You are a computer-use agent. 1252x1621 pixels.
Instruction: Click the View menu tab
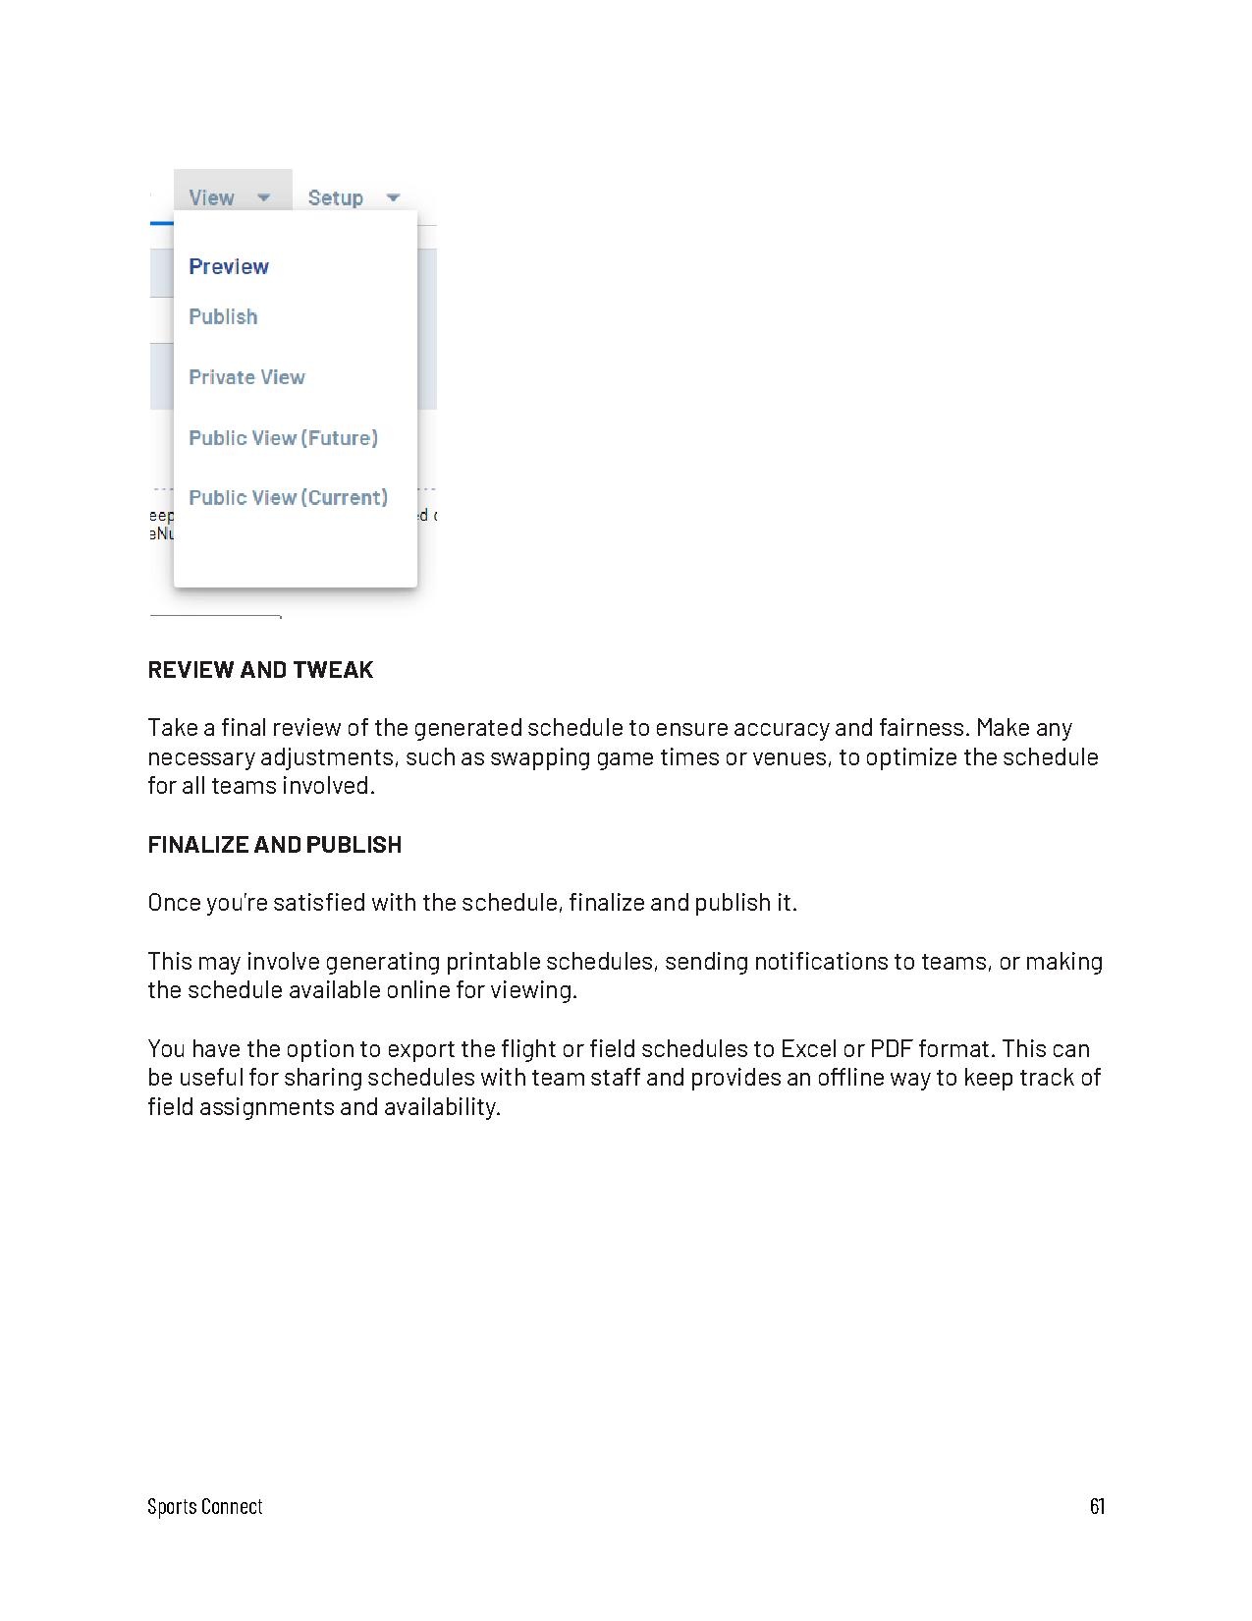pyautogui.click(x=212, y=197)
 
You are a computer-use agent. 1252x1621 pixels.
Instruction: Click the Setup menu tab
pyautogui.click(x=336, y=197)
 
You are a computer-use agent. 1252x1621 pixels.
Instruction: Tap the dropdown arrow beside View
pyautogui.click(x=263, y=197)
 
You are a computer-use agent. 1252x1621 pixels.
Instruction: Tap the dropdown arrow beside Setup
pyautogui.click(x=393, y=197)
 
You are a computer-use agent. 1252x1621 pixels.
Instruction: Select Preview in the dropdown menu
pyautogui.click(x=229, y=266)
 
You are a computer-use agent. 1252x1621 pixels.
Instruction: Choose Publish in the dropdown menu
pyautogui.click(x=223, y=316)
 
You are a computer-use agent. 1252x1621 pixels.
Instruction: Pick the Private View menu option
pyautogui.click(x=246, y=377)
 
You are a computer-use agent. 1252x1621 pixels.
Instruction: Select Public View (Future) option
pyautogui.click(x=283, y=438)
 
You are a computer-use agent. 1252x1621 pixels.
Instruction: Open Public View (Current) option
pyautogui.click(x=288, y=498)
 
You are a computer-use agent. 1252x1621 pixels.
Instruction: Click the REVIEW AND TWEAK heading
pyautogui.click(x=260, y=670)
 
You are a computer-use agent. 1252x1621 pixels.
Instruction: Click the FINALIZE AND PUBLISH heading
pyautogui.click(x=275, y=845)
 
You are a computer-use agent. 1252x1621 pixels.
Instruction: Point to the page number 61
pyautogui.click(x=1097, y=1506)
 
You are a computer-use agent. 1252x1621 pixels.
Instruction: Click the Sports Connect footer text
pyautogui.click(x=205, y=1507)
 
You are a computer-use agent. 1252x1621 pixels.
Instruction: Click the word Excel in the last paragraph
pyautogui.click(x=808, y=1049)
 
